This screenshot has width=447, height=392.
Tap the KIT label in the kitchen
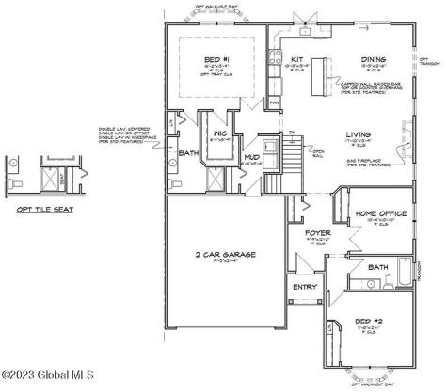(x=295, y=59)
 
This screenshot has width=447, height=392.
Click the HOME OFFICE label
(x=381, y=213)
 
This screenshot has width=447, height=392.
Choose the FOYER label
(x=316, y=231)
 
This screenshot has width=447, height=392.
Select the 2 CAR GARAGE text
(x=227, y=254)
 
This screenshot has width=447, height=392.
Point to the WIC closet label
(x=220, y=134)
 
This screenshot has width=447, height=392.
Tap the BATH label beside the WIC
(x=189, y=153)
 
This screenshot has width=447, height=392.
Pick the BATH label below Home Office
(x=378, y=267)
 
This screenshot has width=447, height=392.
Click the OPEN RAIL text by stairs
(x=319, y=151)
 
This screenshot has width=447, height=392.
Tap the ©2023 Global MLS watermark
(x=41, y=380)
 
